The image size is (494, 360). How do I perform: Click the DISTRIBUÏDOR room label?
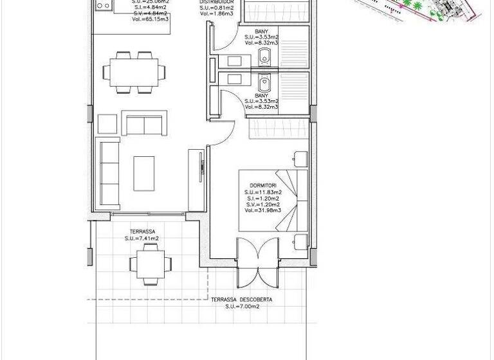pos(215,3)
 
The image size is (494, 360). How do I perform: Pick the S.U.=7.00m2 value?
pos(242,307)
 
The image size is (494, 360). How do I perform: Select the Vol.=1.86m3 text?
pos(216,12)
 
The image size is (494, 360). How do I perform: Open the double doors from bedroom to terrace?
pos(260,264)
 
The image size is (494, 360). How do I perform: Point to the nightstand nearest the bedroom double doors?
pos(300,242)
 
